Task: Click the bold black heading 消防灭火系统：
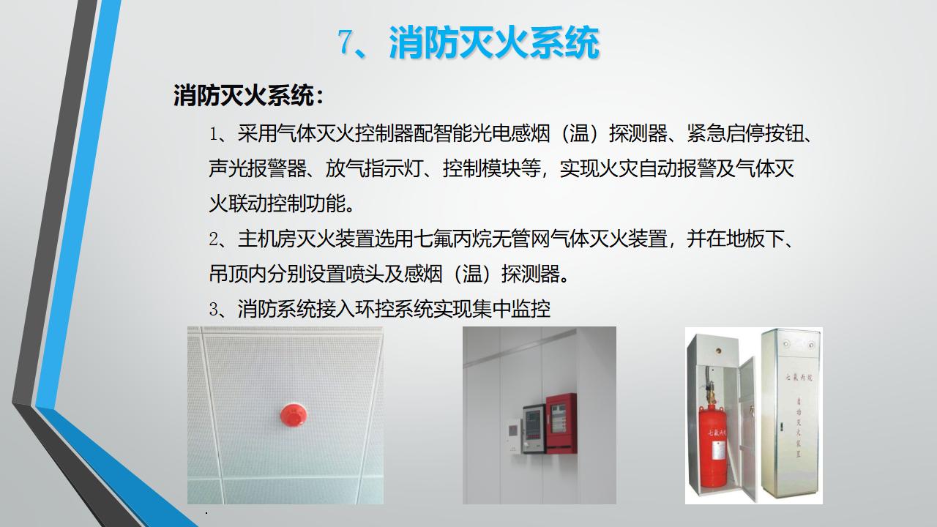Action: click(x=248, y=96)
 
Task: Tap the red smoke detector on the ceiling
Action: click(x=294, y=414)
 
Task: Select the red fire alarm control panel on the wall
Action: click(x=561, y=423)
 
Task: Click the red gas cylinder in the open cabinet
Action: click(x=713, y=446)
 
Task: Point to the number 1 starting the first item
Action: click(x=213, y=134)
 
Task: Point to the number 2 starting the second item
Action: click(x=213, y=239)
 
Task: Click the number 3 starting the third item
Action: click(x=213, y=310)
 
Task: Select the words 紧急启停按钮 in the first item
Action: click(x=745, y=134)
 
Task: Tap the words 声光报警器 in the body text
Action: click(x=257, y=169)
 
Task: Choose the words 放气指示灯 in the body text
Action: click(x=373, y=169)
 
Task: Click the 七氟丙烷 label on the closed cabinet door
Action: click(x=798, y=378)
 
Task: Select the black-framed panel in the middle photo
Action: click(x=534, y=429)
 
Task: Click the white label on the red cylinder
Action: click(x=718, y=452)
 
